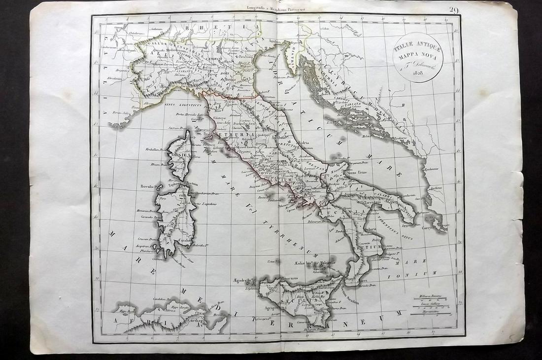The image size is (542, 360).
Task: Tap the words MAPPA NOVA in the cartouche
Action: [417, 56]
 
